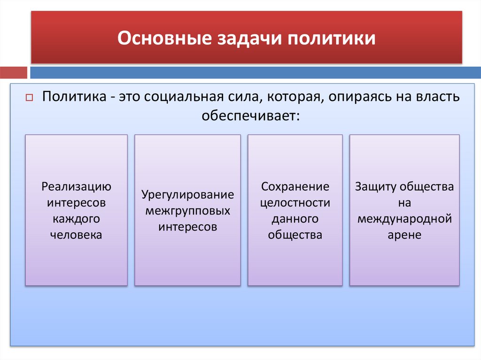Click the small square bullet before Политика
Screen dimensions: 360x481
tap(28, 98)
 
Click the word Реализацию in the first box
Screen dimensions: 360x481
tap(76, 186)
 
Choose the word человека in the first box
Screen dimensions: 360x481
tap(76, 235)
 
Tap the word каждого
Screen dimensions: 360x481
tap(76, 219)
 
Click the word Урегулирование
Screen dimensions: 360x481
tap(187, 194)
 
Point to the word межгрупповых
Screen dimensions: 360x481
tap(187, 211)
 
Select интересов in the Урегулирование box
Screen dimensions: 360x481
tap(187, 227)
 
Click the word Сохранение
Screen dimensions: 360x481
tap(295, 186)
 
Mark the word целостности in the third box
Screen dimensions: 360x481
tap(295, 203)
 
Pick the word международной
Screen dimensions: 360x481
tap(404, 219)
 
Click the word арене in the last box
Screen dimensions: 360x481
tap(404, 235)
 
